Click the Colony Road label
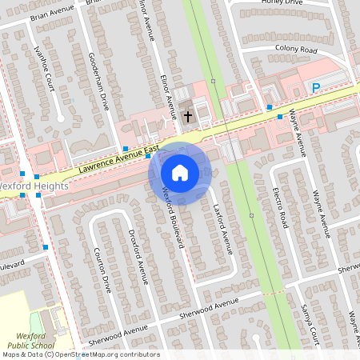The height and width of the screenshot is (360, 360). click(296, 50)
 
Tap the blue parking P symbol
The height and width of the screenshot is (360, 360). click(316, 87)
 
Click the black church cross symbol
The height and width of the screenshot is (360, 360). click(189, 117)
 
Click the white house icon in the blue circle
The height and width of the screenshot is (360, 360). click(179, 173)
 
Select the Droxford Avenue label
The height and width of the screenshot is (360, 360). click(138, 256)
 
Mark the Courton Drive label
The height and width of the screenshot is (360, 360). click(102, 269)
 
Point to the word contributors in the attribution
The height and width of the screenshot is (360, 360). click(139, 354)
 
